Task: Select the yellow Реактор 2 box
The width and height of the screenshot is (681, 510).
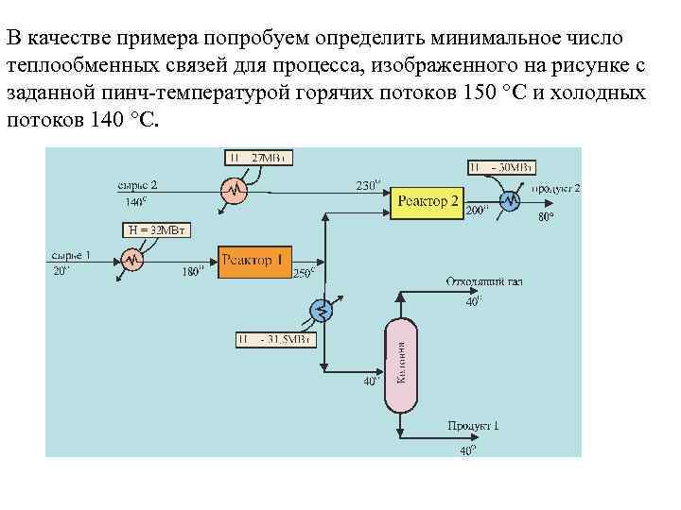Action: click(428, 201)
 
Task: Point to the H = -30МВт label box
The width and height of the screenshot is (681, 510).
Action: click(500, 168)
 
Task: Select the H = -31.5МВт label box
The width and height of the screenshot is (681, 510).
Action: click(272, 340)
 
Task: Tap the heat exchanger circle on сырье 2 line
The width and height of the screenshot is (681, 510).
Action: click(233, 190)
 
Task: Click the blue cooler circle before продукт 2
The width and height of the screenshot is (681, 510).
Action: click(510, 200)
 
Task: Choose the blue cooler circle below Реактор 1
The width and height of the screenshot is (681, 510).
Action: click(322, 309)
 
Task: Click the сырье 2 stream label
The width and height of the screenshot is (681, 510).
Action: click(137, 183)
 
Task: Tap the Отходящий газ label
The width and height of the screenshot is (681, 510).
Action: click(483, 281)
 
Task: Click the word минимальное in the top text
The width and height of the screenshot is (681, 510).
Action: click(480, 39)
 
